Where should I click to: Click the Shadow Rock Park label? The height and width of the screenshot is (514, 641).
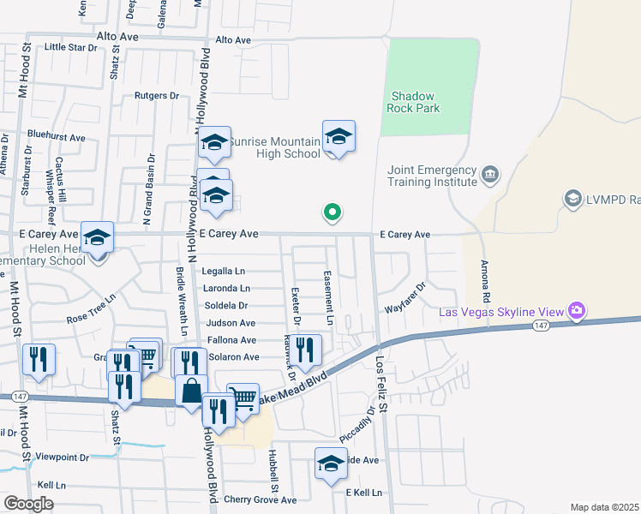click(415, 102)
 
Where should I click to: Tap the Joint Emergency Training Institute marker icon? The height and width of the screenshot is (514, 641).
click(490, 175)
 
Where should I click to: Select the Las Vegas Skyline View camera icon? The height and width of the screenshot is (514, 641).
click(578, 309)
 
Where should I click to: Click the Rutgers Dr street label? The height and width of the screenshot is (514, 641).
click(156, 96)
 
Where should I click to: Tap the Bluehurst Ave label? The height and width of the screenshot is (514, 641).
click(57, 137)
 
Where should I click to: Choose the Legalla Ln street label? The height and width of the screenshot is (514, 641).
click(224, 271)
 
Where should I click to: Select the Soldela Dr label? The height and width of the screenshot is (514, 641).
click(226, 305)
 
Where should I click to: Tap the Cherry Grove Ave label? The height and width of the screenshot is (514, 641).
click(260, 499)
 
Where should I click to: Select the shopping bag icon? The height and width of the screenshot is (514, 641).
click(191, 391)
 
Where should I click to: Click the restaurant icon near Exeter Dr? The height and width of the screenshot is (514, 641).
click(305, 350)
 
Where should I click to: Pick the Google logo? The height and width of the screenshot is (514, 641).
click(29, 504)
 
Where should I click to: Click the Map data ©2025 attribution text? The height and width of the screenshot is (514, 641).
click(604, 507)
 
